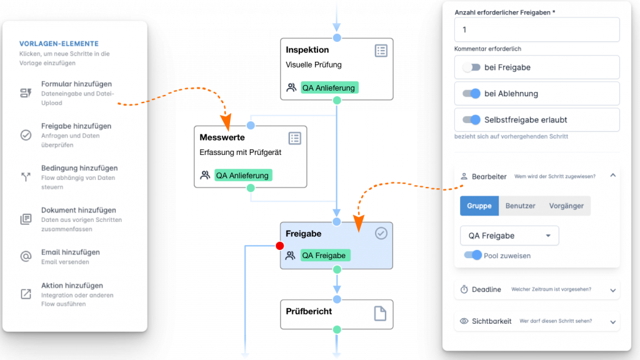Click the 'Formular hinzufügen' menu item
click(x=76, y=84)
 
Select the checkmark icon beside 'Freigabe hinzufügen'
click(x=26, y=135)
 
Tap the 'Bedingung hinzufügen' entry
click(x=79, y=168)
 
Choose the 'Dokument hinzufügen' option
click(x=78, y=211)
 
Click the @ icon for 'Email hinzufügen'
click(x=26, y=257)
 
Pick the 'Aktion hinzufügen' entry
click(x=72, y=286)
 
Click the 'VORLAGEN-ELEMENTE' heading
click(x=59, y=44)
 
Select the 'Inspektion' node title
click(x=307, y=50)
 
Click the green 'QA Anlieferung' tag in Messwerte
click(x=243, y=176)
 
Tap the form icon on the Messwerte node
click(x=294, y=138)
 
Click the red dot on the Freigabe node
click(x=280, y=246)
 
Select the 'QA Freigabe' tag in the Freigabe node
click(x=324, y=255)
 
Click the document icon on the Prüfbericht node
click(x=380, y=314)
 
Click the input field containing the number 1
click(x=537, y=29)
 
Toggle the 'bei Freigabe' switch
click(x=471, y=67)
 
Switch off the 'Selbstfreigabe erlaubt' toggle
click(x=471, y=119)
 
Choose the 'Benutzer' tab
click(x=520, y=206)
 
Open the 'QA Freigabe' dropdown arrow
click(x=548, y=236)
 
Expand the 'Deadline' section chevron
click(x=612, y=290)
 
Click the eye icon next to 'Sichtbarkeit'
click(x=464, y=321)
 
